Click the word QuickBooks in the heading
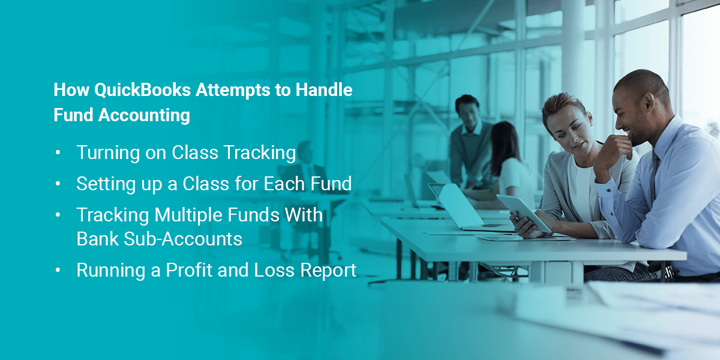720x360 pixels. (142, 91)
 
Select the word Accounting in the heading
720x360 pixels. (144, 116)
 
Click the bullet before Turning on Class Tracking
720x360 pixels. (58, 152)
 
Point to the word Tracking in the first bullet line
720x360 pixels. (260, 152)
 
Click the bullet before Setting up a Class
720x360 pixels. (58, 184)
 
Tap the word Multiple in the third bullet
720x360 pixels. (188, 215)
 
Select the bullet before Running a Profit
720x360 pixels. (58, 270)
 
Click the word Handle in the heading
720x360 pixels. (324, 89)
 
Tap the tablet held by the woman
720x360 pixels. (523, 212)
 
